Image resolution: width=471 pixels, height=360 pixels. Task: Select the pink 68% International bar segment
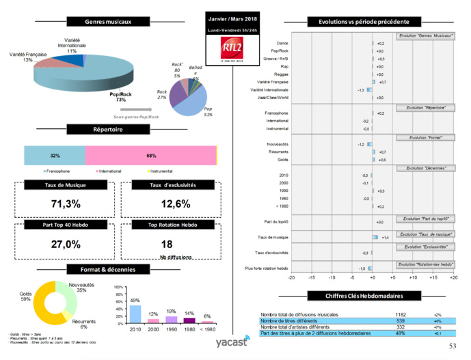tap(150, 155)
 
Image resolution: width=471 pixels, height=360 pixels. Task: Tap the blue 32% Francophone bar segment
tap(55, 155)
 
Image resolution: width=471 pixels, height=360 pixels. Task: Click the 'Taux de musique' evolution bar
tap(375, 236)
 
